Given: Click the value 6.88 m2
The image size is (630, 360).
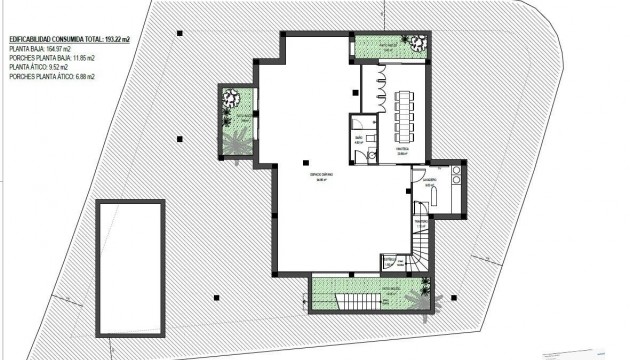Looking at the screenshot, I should pyautogui.click(x=95, y=77).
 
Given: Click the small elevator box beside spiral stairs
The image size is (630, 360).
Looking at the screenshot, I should pyautogui.click(x=391, y=262).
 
